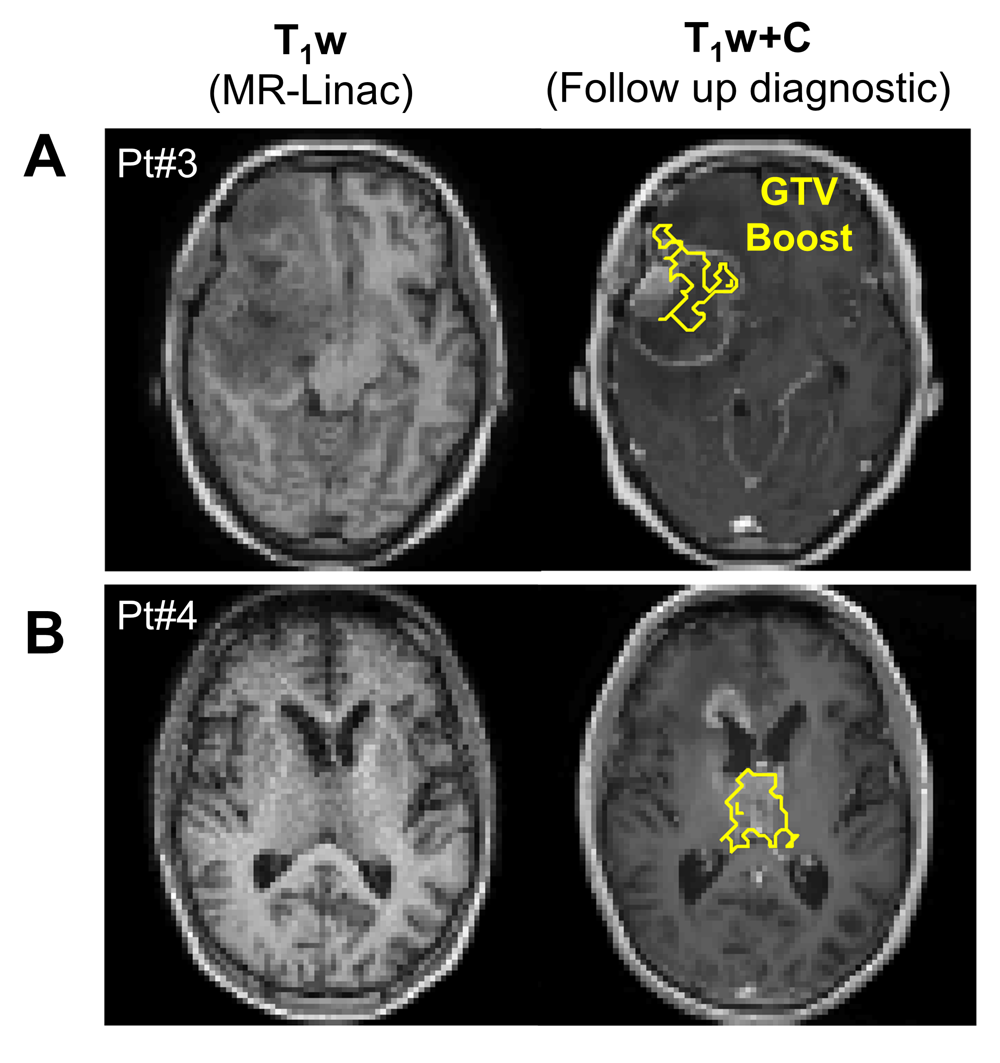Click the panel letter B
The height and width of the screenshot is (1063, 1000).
[45, 633]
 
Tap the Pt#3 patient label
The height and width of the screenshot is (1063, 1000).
[157, 164]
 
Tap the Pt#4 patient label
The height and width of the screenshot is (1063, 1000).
[157, 616]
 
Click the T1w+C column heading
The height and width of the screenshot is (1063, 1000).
[748, 40]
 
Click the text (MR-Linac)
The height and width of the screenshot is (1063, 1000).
[310, 91]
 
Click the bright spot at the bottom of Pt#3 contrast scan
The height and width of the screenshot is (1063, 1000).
[745, 524]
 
